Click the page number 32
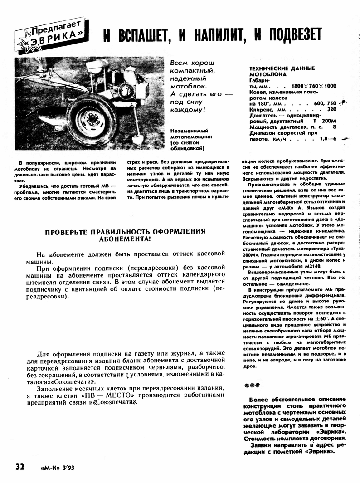click(19, 467)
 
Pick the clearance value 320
click(331, 109)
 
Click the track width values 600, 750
click(325, 103)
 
